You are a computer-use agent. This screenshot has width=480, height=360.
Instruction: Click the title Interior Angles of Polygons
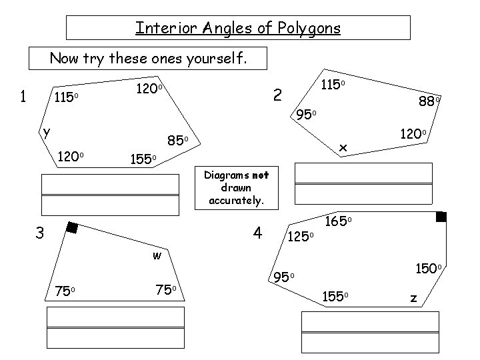coord(238,28)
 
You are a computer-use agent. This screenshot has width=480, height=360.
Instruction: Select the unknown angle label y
coord(45,131)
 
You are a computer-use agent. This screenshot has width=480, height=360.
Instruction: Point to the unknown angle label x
coord(343,146)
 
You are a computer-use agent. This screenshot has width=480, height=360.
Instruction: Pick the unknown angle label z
coord(413,299)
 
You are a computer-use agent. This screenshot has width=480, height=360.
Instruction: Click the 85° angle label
coord(179,141)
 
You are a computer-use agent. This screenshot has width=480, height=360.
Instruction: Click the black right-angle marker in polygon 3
coord(72,229)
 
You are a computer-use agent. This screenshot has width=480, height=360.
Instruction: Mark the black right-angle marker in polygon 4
coord(441,217)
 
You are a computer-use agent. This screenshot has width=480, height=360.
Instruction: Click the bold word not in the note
coord(260,175)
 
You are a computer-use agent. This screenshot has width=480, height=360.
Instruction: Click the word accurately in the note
coord(237,199)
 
